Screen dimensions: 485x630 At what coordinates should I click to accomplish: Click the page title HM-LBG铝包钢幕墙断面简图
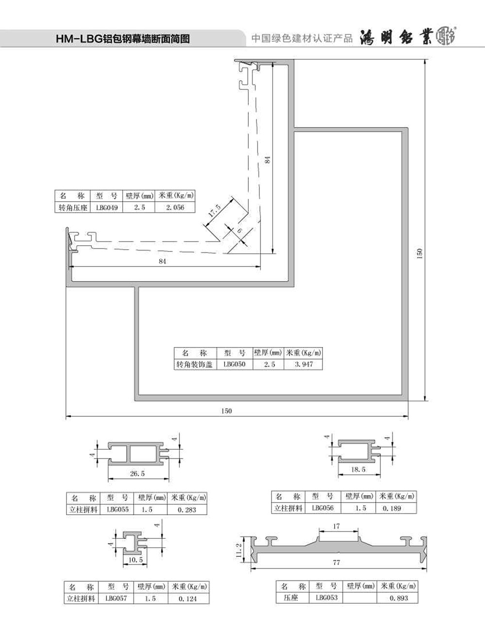click(x=123, y=39)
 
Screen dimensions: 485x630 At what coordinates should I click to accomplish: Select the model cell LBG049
click(x=107, y=207)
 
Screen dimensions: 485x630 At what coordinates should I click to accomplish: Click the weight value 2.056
click(x=175, y=207)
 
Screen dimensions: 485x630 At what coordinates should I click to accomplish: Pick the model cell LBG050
click(x=234, y=364)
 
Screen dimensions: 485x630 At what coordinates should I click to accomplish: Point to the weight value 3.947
click(x=304, y=364)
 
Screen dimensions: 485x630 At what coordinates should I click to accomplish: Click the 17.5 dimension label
click(x=215, y=210)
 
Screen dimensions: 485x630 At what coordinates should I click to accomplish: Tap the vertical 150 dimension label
click(x=419, y=253)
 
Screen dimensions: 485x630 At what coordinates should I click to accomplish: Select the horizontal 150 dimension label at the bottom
click(x=226, y=411)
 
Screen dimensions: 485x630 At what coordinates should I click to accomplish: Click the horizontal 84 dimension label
click(x=162, y=261)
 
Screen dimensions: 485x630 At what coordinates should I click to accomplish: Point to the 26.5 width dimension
click(x=137, y=473)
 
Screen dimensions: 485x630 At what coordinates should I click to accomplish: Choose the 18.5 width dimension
click(x=358, y=470)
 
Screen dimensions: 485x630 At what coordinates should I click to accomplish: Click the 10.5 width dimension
click(x=135, y=560)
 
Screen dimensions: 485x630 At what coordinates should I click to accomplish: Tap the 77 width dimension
click(x=336, y=563)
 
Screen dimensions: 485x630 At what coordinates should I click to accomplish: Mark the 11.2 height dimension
click(x=239, y=550)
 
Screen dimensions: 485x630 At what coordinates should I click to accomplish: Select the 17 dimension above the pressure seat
click(x=336, y=526)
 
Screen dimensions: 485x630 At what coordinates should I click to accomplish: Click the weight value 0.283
click(x=187, y=510)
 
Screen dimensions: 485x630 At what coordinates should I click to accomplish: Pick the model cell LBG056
click(x=323, y=508)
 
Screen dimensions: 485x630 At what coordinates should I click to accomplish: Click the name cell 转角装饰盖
click(x=194, y=364)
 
